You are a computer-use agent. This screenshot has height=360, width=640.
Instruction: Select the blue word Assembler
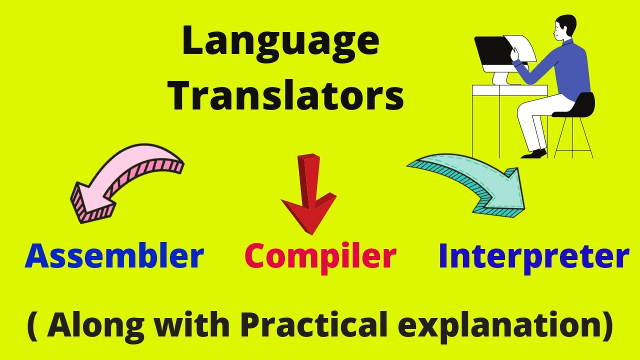[x=114, y=256]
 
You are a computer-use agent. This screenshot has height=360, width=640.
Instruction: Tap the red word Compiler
[x=320, y=256]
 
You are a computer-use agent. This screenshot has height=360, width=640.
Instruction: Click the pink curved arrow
[x=125, y=180]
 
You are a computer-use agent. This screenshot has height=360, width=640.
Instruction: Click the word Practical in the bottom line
[x=313, y=326]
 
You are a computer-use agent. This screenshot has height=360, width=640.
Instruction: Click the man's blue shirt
[x=570, y=70]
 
